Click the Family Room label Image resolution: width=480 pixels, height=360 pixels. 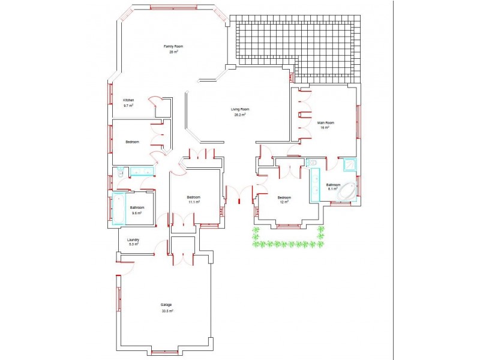[173, 46]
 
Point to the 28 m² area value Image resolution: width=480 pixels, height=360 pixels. [173, 52]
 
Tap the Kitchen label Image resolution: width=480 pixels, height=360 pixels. [128, 100]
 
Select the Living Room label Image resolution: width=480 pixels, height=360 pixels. [240, 109]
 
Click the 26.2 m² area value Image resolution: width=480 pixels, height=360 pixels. [240, 115]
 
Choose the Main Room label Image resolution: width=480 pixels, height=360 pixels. [326, 122]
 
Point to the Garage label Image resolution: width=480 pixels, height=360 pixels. [166, 305]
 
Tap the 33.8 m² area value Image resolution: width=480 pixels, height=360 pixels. [167, 311]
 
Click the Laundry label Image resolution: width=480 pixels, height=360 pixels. [133, 239]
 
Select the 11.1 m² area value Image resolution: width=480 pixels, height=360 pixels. [194, 202]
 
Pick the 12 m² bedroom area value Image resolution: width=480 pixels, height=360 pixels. [284, 202]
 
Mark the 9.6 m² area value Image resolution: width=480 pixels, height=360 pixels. [137, 213]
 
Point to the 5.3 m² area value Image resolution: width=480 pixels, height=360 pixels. [133, 244]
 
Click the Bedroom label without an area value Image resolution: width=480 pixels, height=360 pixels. [132, 142]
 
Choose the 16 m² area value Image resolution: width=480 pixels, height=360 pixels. [326, 128]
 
